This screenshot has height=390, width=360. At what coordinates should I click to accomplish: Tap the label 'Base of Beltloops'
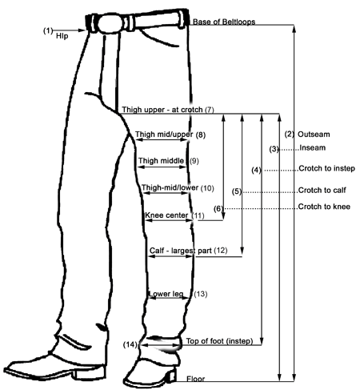click(224, 22)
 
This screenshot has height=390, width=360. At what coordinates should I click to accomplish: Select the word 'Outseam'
click(314, 134)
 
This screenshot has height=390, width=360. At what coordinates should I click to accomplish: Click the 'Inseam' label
click(312, 147)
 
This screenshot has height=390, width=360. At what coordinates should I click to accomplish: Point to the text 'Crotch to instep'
click(326, 168)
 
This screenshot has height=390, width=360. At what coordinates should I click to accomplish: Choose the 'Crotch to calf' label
click(322, 190)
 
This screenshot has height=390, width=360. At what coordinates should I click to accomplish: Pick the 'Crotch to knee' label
click(324, 207)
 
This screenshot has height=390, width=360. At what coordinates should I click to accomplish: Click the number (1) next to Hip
click(48, 30)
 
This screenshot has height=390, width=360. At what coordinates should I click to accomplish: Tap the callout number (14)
click(130, 344)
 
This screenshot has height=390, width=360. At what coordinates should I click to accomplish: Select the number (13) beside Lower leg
click(201, 294)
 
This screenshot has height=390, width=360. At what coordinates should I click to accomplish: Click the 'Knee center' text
click(166, 215)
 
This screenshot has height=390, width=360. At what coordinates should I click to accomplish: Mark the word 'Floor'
click(196, 379)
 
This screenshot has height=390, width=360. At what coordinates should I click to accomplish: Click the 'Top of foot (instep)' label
click(219, 341)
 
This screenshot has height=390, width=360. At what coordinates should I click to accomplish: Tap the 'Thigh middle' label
click(161, 161)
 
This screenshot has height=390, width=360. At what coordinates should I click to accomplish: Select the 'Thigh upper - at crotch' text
click(162, 110)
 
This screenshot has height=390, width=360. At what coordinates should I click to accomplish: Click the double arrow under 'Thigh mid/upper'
click(162, 139)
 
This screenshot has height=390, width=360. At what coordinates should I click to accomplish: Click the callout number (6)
click(218, 208)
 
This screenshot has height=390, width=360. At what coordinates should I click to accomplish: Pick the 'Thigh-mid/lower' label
click(170, 187)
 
